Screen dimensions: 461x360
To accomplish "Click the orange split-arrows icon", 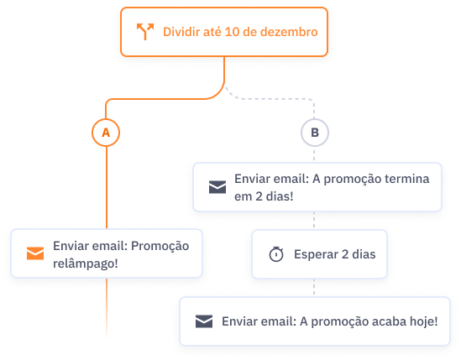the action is point(145,31).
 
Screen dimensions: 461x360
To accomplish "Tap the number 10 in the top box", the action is point(232,32).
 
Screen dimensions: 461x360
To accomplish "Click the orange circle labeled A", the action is point(106,133).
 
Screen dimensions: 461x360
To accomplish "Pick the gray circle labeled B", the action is point(315,133).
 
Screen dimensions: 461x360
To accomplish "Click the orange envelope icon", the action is point(35,253).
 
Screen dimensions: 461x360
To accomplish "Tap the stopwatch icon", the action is point(276,254).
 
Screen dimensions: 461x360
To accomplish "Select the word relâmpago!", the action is point(86,263).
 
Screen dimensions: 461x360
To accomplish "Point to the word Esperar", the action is point(316,254).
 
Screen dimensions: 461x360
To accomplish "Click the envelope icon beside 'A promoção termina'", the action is point(217,187).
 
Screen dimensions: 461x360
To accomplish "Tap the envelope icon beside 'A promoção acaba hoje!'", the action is point(204,321).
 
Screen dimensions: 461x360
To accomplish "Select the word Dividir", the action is point(181,32).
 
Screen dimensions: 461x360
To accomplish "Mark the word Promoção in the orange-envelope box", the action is point(160,246).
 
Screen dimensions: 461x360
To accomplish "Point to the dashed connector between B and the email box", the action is point(314,154).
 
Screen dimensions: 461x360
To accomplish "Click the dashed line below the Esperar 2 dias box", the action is point(314,287).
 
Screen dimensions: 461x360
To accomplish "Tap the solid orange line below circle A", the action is point(107,187).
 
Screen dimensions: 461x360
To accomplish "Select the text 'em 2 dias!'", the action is point(264,196).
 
